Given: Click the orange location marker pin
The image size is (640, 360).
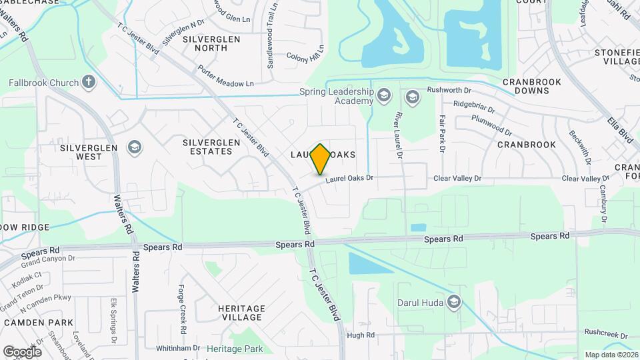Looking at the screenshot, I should [x=321, y=159].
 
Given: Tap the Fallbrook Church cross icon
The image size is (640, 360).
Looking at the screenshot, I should [x=89, y=83].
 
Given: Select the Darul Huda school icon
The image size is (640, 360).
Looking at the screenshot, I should [x=455, y=303].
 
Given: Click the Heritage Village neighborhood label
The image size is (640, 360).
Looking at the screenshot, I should [x=241, y=313].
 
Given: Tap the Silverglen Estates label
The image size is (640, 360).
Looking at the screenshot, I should [x=207, y=147].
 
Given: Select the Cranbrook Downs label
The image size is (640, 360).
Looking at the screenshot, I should [x=532, y=87].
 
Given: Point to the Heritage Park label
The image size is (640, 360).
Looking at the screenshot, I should [x=235, y=349].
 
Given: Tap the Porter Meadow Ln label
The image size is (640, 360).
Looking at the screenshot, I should [x=226, y=76].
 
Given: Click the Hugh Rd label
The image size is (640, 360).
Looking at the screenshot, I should [x=361, y=335].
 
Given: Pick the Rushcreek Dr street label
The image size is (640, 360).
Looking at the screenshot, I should [x=607, y=331].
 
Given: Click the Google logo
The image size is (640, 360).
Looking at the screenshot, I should [x=22, y=352].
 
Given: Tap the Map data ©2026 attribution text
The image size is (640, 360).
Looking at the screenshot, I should [x=611, y=355].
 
